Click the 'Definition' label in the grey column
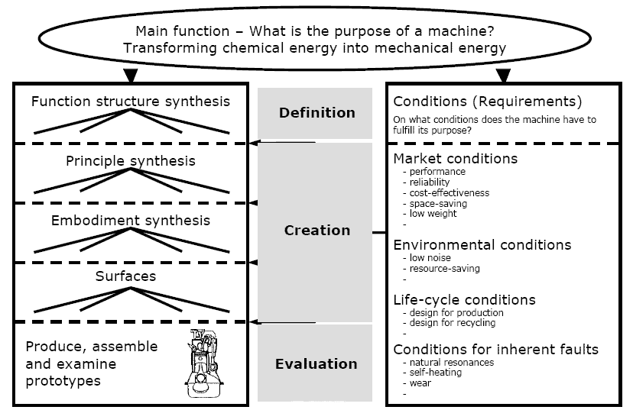316,113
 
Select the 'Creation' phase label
316,230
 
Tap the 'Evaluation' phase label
316,363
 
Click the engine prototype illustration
203,363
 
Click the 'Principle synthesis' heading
130,160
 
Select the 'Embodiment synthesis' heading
130,221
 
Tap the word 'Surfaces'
125,276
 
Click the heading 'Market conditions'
455,159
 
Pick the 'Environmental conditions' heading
482,244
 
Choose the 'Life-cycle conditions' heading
464,299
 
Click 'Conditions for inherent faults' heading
495,350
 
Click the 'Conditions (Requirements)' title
487,102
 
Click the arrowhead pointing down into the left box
130,76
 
